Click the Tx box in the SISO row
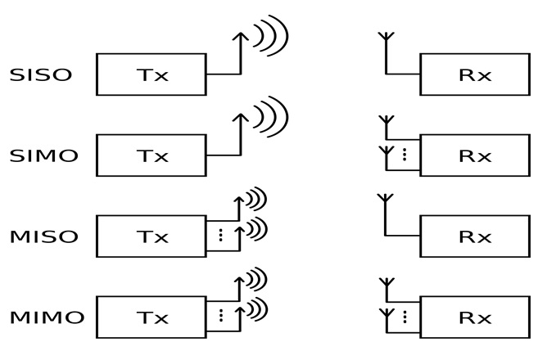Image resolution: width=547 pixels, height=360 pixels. click(x=151, y=75)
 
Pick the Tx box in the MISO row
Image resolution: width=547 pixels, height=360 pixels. click(x=151, y=236)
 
